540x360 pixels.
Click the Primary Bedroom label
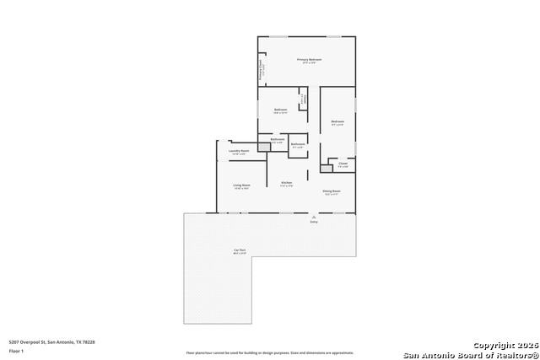[309, 60]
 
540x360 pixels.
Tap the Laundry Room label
[238, 151]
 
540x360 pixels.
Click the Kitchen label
[286, 183]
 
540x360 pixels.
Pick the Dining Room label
[332, 191]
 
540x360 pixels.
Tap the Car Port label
[240, 250]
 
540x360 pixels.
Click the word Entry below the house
[314, 222]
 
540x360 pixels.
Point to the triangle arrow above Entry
[314, 216]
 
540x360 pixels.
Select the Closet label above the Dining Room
[343, 164]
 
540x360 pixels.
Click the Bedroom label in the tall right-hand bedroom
[337, 122]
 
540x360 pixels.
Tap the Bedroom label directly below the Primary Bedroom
[280, 110]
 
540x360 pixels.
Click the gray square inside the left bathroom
[264, 147]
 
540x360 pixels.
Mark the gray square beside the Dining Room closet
[326, 169]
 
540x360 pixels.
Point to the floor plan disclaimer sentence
[270, 352]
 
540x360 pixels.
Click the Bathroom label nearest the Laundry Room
[278, 140]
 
